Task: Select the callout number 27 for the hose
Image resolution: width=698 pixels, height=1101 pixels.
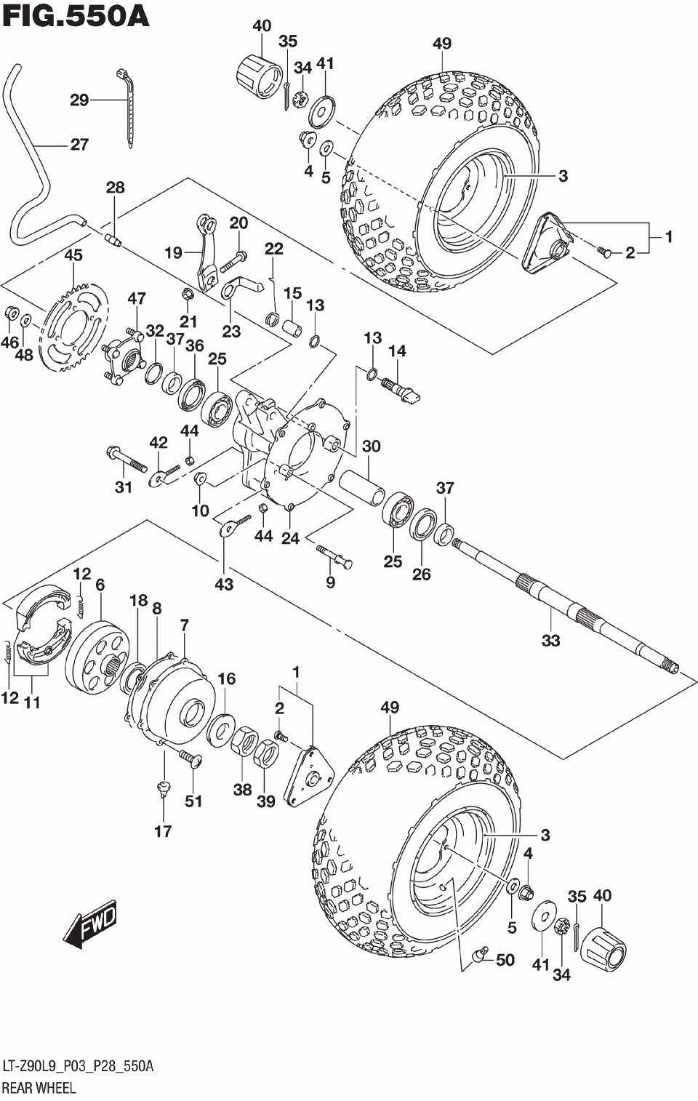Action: [x=79, y=145]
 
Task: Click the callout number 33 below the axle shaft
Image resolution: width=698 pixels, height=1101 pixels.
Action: [x=550, y=641]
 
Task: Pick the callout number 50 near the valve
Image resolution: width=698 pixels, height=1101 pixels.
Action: [x=505, y=960]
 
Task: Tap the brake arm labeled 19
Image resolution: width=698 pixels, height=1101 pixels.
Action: [x=206, y=252]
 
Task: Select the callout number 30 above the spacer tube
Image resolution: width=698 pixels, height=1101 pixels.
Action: [x=371, y=447]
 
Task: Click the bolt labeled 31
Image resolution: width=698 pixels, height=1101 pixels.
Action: [x=127, y=459]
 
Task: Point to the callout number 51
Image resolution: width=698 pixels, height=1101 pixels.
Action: [x=193, y=801]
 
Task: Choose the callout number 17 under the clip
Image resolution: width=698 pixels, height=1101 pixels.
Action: [x=163, y=832]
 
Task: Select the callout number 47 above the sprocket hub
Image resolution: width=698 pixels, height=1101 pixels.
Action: [x=137, y=299]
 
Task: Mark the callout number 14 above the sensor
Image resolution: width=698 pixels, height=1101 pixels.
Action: [x=397, y=351]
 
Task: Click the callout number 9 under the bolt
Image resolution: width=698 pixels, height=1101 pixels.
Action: [x=330, y=582]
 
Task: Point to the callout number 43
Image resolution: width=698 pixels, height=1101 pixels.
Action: [x=224, y=585]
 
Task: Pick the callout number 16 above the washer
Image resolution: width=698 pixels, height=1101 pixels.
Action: [x=227, y=678]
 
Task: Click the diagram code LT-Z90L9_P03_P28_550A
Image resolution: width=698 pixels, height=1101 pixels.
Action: [x=78, y=1066]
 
